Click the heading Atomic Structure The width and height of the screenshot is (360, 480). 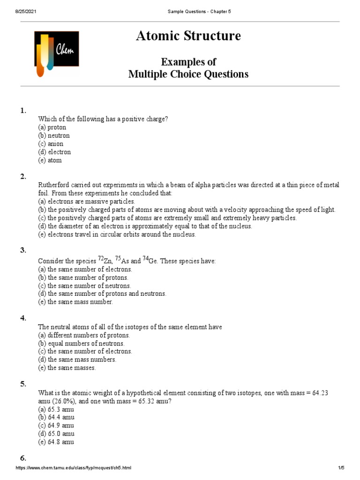pyautogui.click(x=188, y=36)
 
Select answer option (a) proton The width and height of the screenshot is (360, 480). pyautogui.click(x=52, y=127)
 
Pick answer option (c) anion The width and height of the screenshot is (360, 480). pyautogui.click(x=51, y=144)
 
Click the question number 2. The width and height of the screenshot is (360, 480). pyautogui.click(x=23, y=176)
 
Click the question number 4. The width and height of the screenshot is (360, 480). pyautogui.click(x=23, y=318)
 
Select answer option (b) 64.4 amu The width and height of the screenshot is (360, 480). pyautogui.click(x=56, y=417)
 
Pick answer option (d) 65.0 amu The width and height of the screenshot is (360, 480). pyautogui.click(x=56, y=434)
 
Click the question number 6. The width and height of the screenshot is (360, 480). pyautogui.click(x=23, y=458)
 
